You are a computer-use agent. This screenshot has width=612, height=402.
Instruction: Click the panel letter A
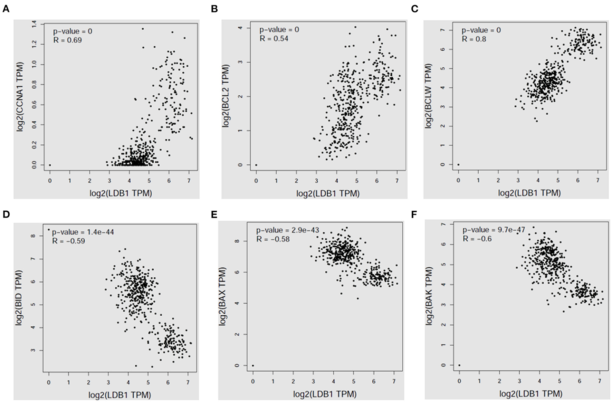click(x=6, y=9)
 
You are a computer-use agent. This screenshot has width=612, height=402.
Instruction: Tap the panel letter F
click(x=414, y=214)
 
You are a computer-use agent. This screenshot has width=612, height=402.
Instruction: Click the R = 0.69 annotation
click(x=68, y=40)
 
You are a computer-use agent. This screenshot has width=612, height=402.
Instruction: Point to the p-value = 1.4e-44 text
click(x=83, y=232)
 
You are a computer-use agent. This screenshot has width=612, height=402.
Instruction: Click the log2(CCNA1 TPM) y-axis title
click(x=21, y=97)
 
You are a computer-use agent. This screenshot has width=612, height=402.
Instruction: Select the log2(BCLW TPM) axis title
click(x=429, y=96)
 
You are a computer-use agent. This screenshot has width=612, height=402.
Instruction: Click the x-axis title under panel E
click(x=325, y=394)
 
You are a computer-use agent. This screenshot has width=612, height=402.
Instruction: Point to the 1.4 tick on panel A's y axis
click(x=34, y=24)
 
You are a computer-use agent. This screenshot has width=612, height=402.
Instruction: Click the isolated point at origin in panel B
click(x=256, y=165)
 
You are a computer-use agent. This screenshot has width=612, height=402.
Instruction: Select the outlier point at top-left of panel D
click(x=49, y=229)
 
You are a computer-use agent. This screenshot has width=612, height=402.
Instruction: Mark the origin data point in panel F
click(x=459, y=365)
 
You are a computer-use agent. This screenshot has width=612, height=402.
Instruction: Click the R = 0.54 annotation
click(x=274, y=38)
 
